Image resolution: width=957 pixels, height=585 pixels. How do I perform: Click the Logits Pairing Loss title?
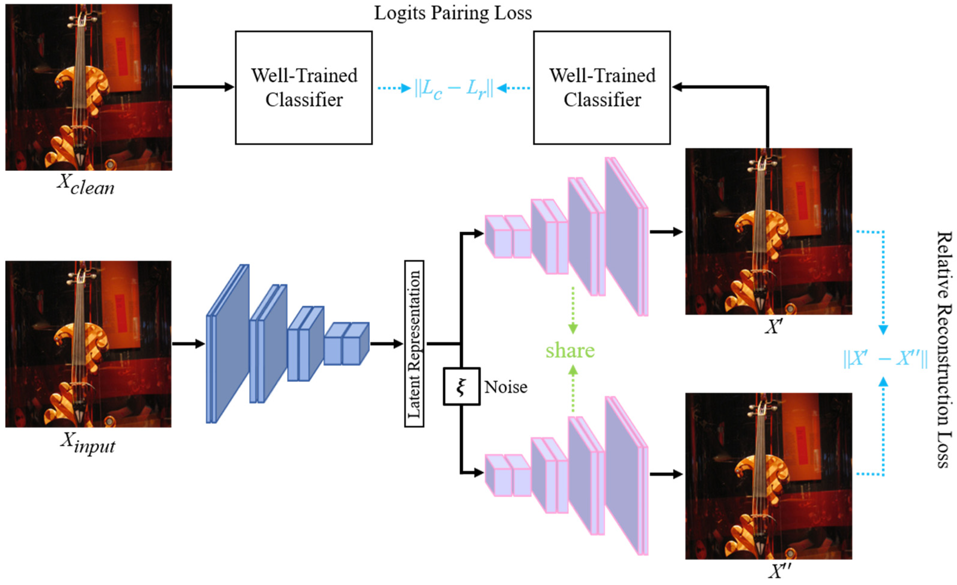(453, 14)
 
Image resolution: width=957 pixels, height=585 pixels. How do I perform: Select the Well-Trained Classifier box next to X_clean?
(304, 88)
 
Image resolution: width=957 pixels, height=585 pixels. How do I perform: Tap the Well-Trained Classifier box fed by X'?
(602, 88)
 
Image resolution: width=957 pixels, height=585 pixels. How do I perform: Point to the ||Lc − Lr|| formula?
(454, 89)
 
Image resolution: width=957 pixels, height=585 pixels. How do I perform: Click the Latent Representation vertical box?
(414, 344)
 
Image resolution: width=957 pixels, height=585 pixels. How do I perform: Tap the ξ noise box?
(462, 386)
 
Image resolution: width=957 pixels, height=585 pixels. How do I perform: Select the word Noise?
(506, 387)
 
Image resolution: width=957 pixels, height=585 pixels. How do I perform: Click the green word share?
(570, 350)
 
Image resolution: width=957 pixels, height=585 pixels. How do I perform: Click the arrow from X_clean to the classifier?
(204, 87)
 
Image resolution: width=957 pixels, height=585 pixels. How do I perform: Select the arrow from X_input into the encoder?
(189, 344)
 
